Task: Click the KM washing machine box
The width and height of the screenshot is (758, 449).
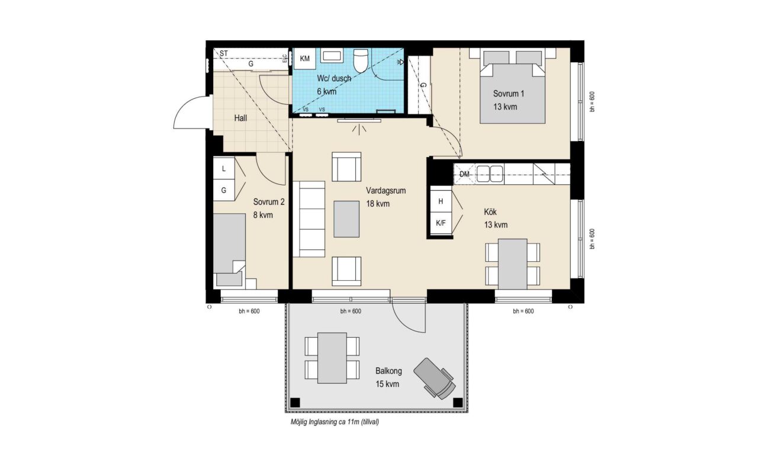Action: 304,59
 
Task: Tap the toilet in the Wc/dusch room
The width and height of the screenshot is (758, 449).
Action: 360,60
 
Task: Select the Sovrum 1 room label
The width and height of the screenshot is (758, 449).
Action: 508,94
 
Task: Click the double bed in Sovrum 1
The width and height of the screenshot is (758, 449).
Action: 512,86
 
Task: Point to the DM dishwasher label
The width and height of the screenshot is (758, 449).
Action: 465,174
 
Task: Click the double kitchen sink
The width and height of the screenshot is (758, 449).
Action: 490,174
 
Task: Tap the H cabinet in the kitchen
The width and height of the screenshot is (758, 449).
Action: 441,201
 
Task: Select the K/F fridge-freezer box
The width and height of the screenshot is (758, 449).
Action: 441,223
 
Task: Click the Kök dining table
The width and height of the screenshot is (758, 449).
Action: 513,264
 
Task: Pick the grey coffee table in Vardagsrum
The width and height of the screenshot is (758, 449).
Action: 346,219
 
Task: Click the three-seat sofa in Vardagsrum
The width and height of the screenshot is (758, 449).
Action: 309,219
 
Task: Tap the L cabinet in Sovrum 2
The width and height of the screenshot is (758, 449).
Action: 224,169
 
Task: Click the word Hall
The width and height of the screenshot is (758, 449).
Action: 240,118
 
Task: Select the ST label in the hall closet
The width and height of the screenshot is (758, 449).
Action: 224,53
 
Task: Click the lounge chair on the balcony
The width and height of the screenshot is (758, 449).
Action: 435,379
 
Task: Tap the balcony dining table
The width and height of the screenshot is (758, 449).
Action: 332,358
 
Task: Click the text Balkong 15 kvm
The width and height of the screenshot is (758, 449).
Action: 388,377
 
